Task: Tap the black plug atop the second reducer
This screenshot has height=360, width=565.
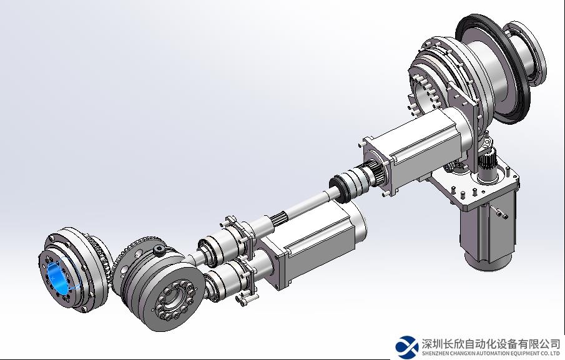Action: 159,250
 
